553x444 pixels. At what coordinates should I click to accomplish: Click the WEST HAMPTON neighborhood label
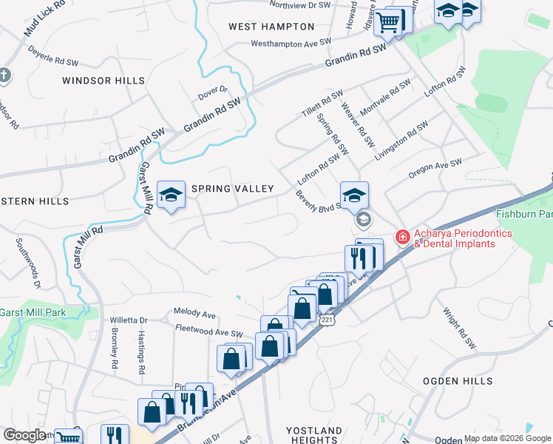[x=261, y=27]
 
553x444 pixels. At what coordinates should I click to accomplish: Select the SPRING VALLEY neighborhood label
[x=233, y=189]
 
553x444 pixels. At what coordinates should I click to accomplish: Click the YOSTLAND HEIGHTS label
[x=313, y=435]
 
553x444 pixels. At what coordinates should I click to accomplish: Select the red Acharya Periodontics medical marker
[x=403, y=237]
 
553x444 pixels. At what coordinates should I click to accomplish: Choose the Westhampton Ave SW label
[x=291, y=44]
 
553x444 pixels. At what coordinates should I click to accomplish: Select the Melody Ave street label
[x=194, y=313]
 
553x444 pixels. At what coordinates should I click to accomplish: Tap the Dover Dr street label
[x=213, y=94]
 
